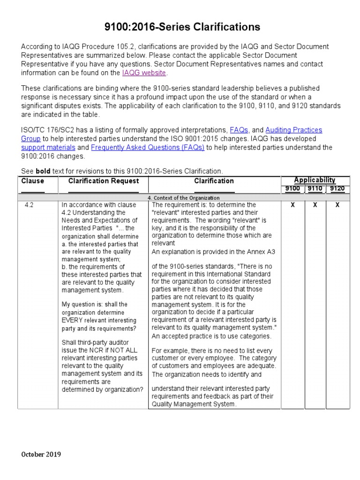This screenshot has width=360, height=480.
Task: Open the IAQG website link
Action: (x=144, y=73)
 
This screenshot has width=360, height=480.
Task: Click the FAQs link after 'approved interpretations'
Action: (x=239, y=130)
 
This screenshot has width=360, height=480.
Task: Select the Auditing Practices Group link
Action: (x=293, y=130)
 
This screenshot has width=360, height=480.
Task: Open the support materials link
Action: (x=48, y=147)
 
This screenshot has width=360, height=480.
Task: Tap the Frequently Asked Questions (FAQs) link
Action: (x=148, y=147)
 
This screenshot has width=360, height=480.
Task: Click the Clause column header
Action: (x=33, y=181)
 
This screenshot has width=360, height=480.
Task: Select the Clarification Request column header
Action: (x=104, y=181)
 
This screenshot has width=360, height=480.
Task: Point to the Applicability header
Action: (x=315, y=180)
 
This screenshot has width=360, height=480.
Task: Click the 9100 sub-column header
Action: (x=292, y=188)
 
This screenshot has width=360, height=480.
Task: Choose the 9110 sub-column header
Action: (x=315, y=188)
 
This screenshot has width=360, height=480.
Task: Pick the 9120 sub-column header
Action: (x=337, y=188)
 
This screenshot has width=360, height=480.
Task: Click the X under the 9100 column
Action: (x=292, y=205)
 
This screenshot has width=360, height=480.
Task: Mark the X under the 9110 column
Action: (x=315, y=205)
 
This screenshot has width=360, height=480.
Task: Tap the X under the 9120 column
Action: (x=337, y=205)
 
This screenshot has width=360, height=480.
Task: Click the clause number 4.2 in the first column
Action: (x=29, y=205)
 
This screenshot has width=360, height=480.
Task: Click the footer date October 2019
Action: (x=41, y=454)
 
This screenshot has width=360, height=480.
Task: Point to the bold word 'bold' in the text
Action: (x=43, y=171)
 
